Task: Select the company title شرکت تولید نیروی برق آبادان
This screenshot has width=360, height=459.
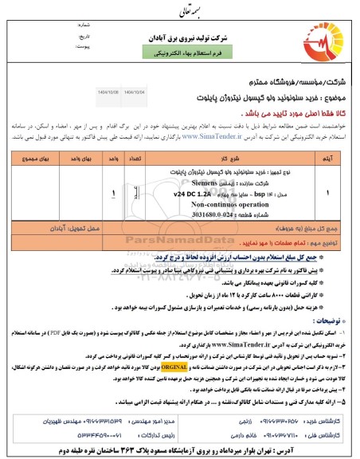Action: click(x=179, y=37)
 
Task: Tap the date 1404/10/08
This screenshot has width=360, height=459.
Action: click(x=108, y=91)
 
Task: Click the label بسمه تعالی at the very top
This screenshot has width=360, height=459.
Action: click(x=178, y=12)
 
